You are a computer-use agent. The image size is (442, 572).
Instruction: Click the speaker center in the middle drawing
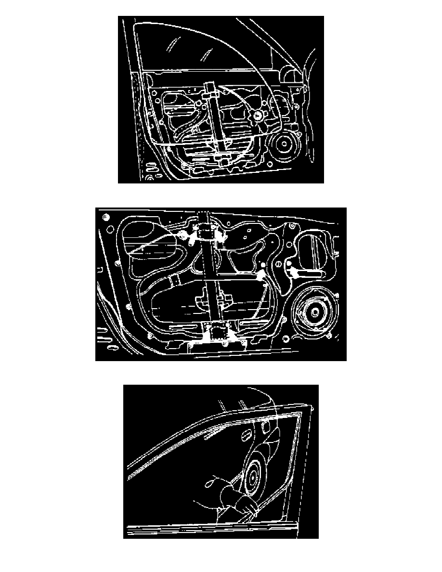(x=314, y=311)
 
